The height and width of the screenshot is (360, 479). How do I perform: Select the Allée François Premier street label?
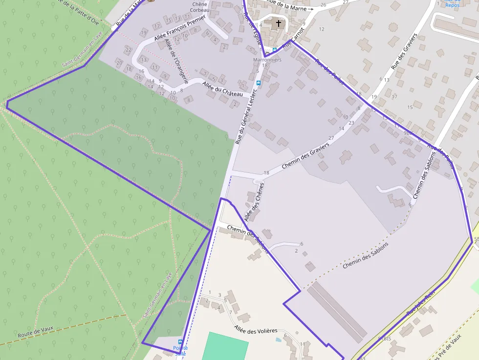(x=179, y=28)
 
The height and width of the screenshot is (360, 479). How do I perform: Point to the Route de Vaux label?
(x=35, y=333)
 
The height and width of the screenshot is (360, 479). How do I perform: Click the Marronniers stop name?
(x=267, y=60)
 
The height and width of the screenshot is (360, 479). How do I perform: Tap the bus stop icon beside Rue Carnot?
(x=275, y=49)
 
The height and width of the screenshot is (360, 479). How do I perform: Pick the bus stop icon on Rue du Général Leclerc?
(x=259, y=83)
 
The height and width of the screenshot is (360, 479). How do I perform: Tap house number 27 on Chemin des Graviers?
(x=331, y=138)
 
